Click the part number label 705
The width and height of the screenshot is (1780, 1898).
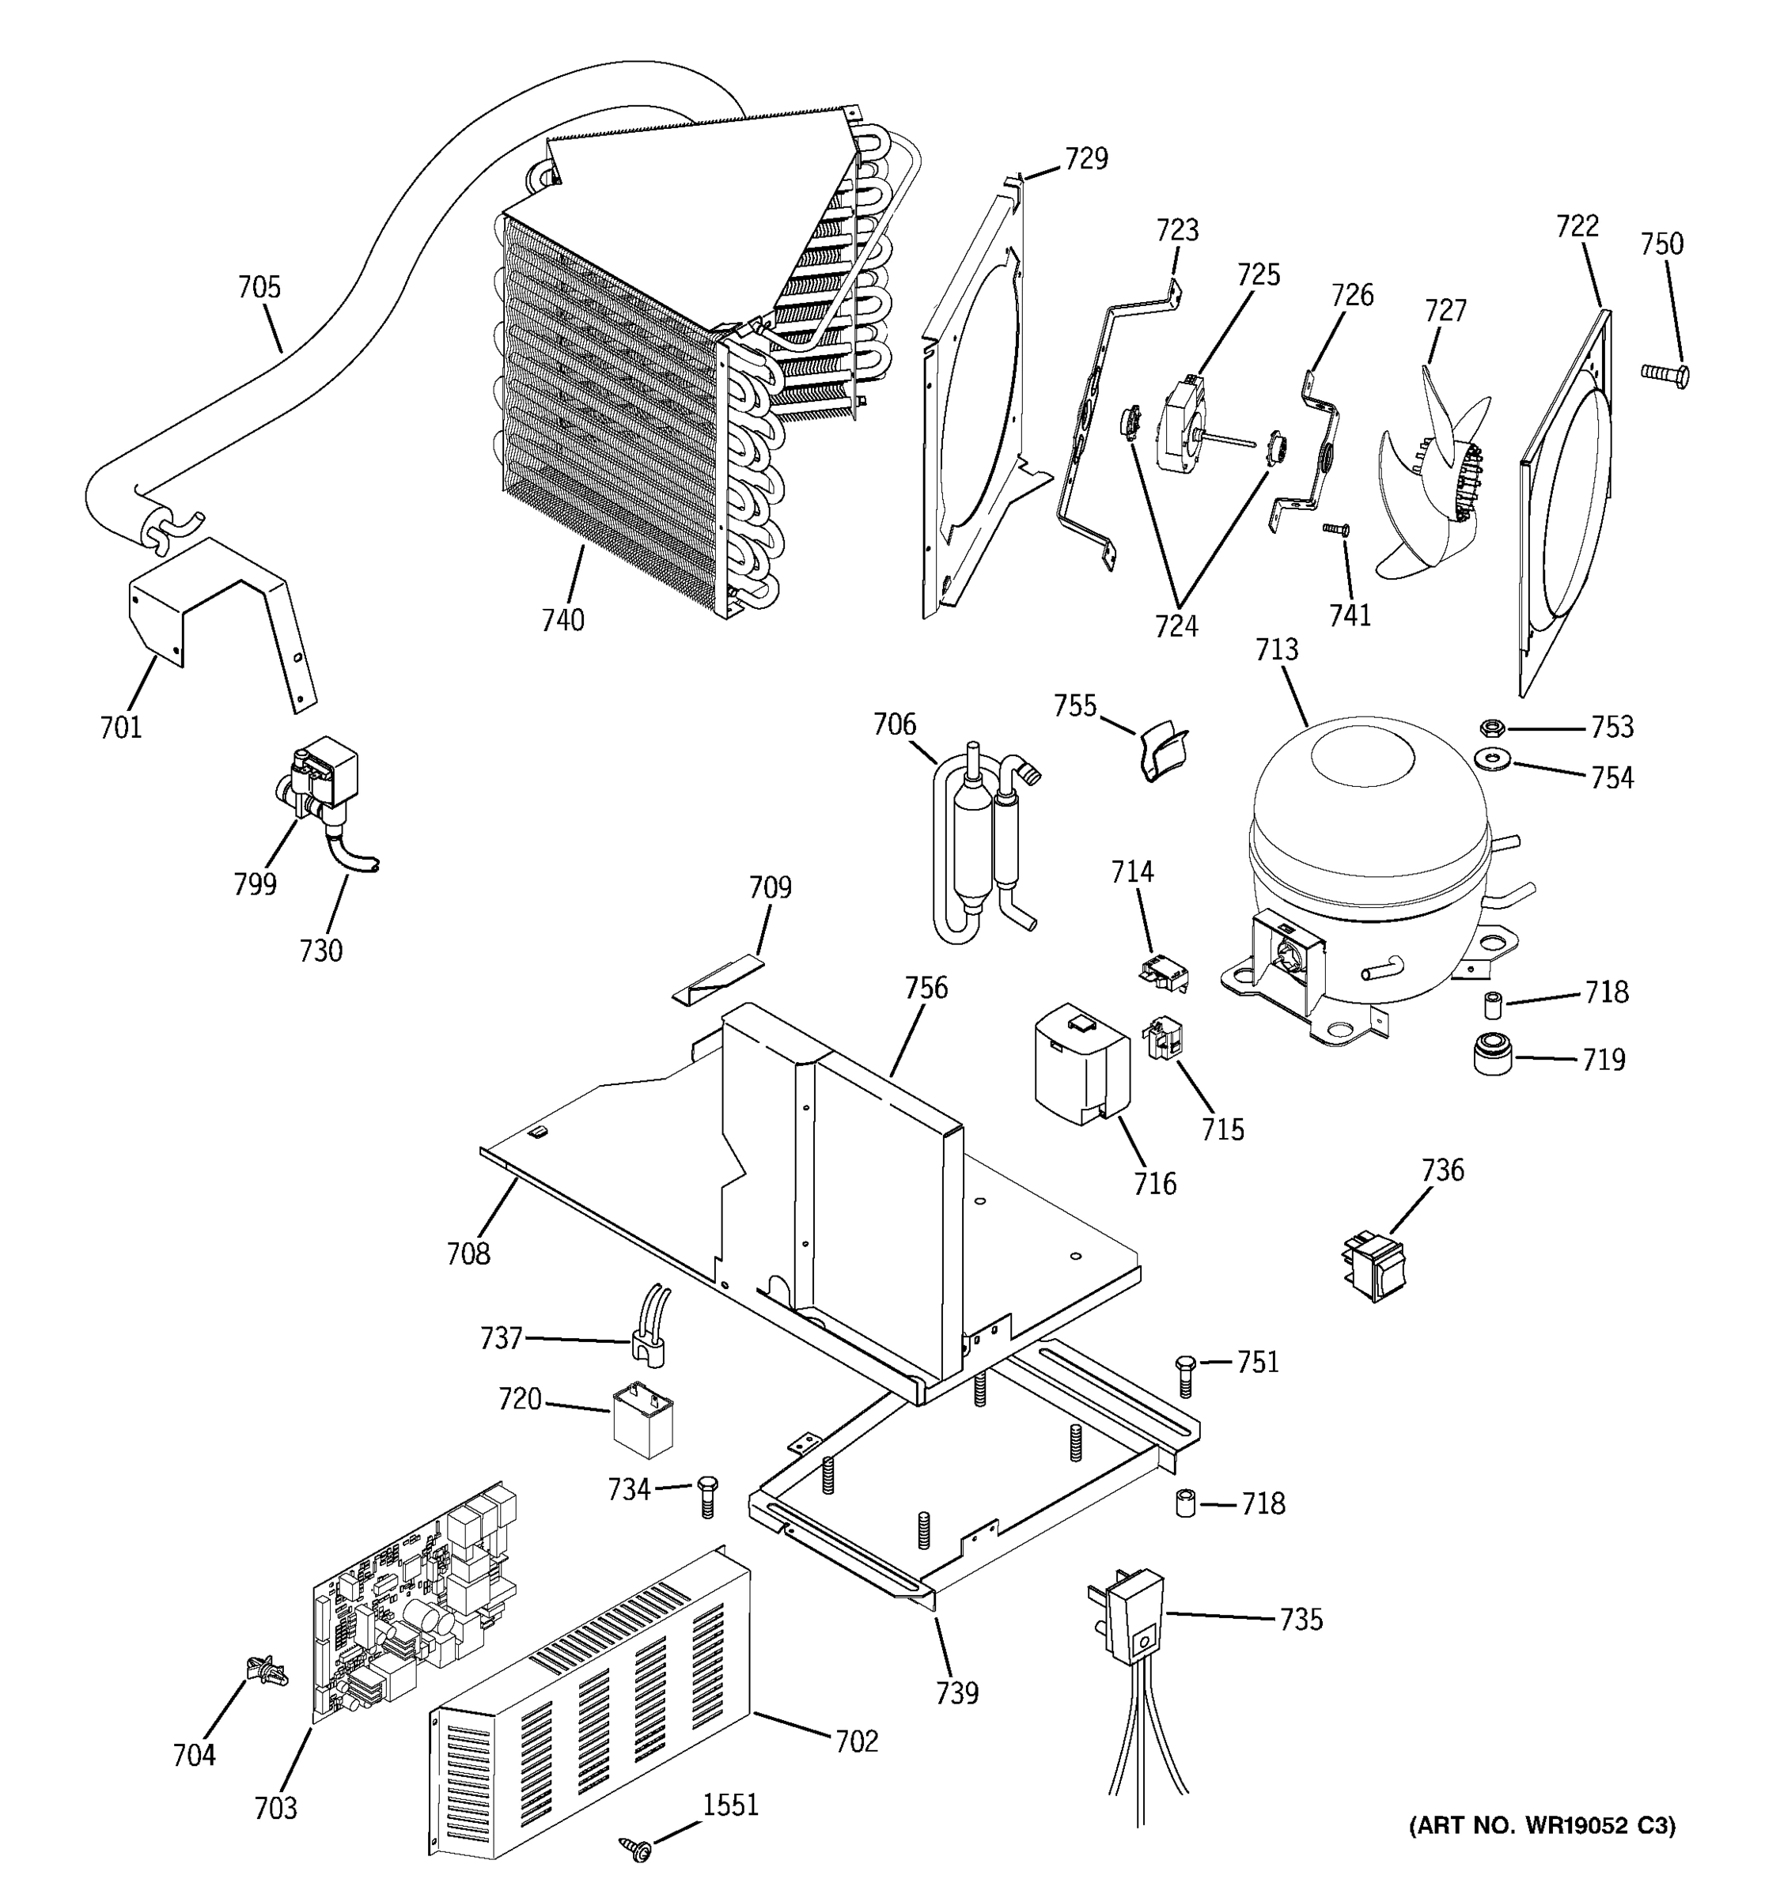click(259, 287)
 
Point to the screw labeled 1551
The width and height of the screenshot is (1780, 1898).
click(634, 1849)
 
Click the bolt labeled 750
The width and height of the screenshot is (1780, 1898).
click(1664, 373)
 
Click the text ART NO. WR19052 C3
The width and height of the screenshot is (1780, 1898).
click(1541, 1826)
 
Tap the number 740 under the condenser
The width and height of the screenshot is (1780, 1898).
click(562, 621)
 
